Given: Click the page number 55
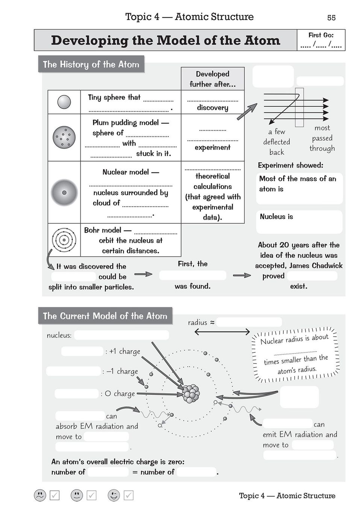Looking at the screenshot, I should [x=331, y=18].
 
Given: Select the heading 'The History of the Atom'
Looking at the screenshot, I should [x=91, y=64].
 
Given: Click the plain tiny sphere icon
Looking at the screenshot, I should [x=64, y=102].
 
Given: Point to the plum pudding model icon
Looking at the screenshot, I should [x=64, y=137].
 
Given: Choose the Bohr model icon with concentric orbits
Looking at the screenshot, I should [x=64, y=240].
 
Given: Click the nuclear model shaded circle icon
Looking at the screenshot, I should [x=64, y=192].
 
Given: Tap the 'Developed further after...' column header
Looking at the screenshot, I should [x=213, y=79].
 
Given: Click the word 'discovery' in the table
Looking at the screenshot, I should [x=213, y=108].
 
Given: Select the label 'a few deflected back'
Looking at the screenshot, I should [x=277, y=142].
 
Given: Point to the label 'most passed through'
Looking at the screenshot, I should [x=322, y=138].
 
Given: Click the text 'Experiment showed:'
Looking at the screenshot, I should [x=290, y=165].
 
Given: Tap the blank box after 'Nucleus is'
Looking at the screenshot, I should [x=299, y=225].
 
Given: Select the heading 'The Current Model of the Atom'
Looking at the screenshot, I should [x=105, y=316].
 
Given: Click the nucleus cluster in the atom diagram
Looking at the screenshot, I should [x=191, y=393].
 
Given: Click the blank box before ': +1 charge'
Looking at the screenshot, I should [x=82, y=351].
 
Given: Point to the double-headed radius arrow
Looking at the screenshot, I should [x=222, y=331].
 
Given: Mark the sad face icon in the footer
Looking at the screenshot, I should [x=40, y=495].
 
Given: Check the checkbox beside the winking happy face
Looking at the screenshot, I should [x=129, y=495].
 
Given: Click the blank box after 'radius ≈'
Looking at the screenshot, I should [x=249, y=322].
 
